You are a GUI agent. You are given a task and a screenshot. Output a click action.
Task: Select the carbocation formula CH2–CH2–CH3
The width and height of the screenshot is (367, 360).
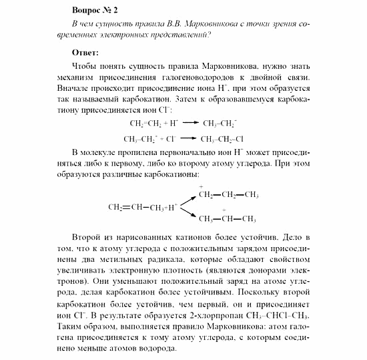click(x=228, y=195)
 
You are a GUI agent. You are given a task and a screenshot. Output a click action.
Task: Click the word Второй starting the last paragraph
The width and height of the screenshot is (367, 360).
click(x=83, y=237)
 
